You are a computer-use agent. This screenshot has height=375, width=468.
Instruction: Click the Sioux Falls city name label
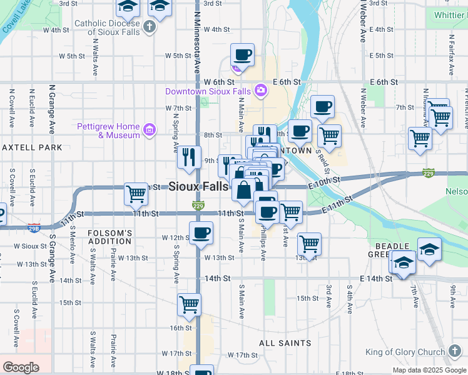pyautogui.click(x=198, y=186)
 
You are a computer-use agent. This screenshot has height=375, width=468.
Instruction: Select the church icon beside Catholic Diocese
pyautogui.click(x=149, y=27)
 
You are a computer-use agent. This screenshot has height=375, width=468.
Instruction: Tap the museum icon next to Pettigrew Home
pyautogui.click(x=149, y=130)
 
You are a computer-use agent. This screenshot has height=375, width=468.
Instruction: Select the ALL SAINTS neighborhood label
pyautogui.click(x=285, y=343)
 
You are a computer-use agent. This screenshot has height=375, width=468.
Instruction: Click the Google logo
pyautogui.click(x=21, y=367)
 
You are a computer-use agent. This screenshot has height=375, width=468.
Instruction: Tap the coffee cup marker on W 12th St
pyautogui.click(x=201, y=234)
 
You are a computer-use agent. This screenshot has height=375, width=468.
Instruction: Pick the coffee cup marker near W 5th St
pyautogui.click(x=242, y=55)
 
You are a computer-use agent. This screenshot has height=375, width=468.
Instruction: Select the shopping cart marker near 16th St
pyautogui.click(x=189, y=304)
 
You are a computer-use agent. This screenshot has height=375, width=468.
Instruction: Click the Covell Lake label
pyautogui.click(x=14, y=17)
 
